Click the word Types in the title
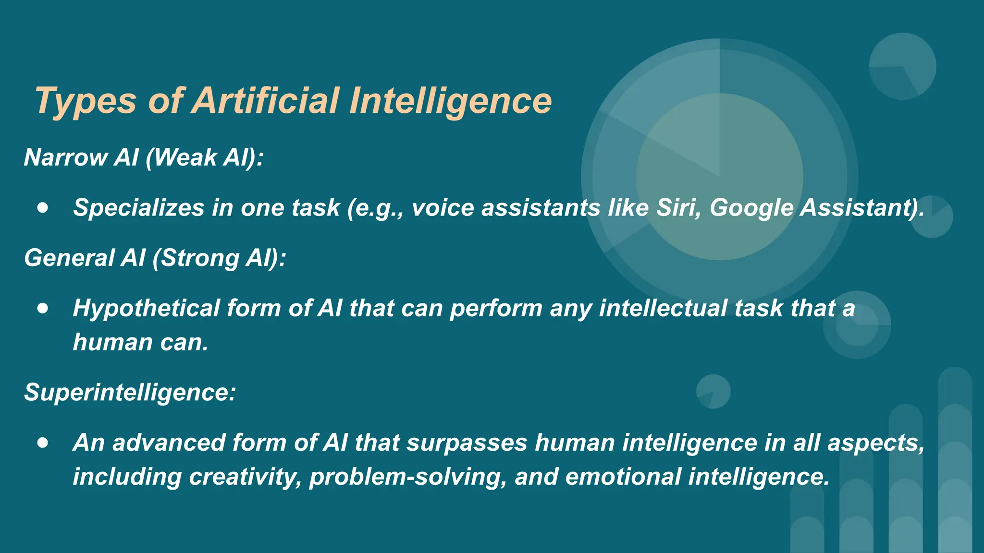click(x=86, y=102)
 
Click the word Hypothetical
click(x=146, y=309)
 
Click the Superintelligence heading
click(x=130, y=393)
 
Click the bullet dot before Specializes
click(x=43, y=208)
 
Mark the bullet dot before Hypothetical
click(x=43, y=308)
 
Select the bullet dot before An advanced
click(x=43, y=443)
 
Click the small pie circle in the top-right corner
click(x=902, y=66)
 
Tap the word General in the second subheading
click(x=69, y=258)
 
